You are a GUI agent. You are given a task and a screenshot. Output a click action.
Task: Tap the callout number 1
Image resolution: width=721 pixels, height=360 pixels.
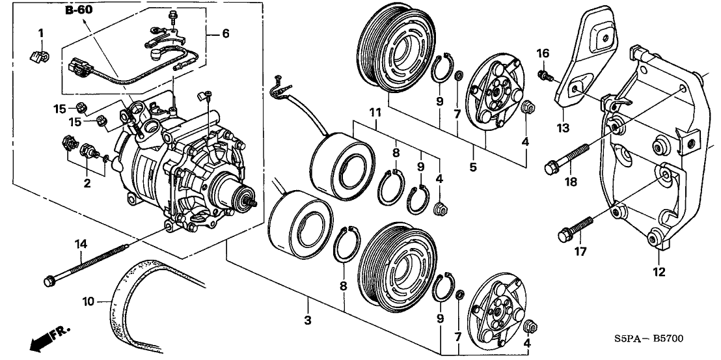tap(40, 33)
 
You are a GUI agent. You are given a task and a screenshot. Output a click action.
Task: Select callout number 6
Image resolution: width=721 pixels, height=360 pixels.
tap(225, 33)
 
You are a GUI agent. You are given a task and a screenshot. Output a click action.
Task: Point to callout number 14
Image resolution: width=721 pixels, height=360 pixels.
tap(81, 245)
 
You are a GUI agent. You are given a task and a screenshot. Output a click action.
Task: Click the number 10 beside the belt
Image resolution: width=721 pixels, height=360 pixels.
tap(88, 301)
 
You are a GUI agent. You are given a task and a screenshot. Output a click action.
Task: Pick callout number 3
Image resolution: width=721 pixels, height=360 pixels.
tap(308, 320)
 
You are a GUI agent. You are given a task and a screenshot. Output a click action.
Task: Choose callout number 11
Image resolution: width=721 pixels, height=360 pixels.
tap(374, 113)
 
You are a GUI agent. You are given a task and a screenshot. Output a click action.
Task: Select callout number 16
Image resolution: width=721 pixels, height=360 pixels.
tap(543, 53)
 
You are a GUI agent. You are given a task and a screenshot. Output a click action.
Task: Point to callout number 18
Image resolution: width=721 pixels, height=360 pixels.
tap(571, 184)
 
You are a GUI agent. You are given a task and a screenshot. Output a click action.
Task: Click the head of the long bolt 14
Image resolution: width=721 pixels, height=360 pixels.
tap(49, 281)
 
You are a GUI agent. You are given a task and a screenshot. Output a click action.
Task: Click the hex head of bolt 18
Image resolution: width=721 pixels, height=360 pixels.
tap(550, 169)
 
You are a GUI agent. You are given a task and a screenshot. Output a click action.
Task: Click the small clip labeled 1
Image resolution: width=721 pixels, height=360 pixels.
tap(40, 57)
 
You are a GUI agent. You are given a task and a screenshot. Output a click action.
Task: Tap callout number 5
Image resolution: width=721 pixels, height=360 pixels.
tap(473, 167)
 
